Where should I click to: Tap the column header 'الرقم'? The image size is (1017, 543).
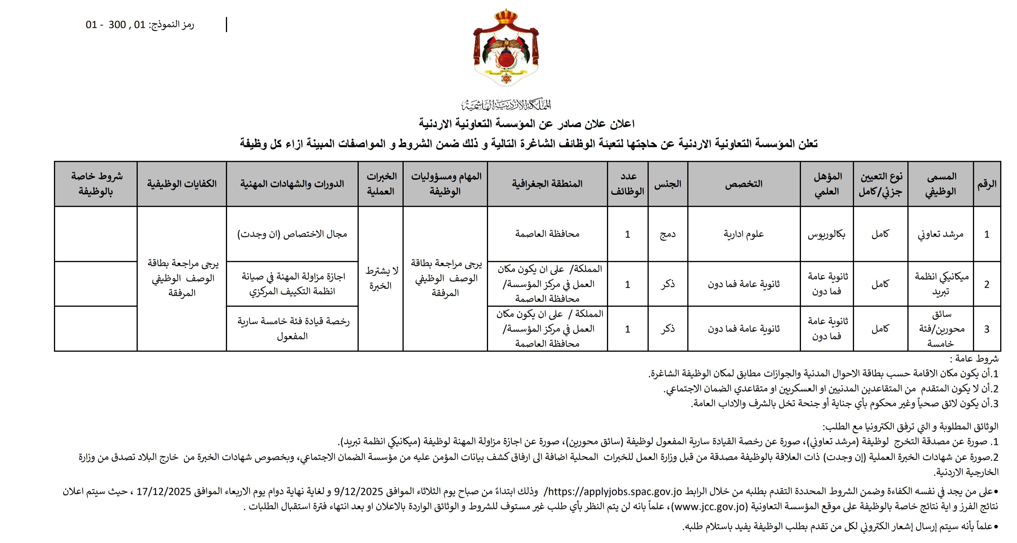tap(987, 184)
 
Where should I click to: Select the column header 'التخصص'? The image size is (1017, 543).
tap(744, 184)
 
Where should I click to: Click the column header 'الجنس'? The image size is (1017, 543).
tap(667, 184)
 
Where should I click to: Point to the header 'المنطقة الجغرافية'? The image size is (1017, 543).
tap(547, 184)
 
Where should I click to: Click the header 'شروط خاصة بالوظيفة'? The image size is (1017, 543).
tap(96, 184)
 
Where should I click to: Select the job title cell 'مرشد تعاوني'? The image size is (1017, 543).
tap(940, 234)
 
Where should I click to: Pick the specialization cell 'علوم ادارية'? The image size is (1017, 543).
tap(744, 234)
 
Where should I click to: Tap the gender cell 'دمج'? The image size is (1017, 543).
tap(667, 234)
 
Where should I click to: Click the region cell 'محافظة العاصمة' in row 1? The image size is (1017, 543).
tap(547, 234)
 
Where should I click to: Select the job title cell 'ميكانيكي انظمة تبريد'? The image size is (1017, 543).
tap(940, 284)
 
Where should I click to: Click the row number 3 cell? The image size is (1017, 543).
tap(987, 329)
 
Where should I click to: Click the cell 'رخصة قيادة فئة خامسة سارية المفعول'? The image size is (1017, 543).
tap(293, 329)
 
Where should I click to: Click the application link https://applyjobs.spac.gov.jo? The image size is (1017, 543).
tap(615, 492)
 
